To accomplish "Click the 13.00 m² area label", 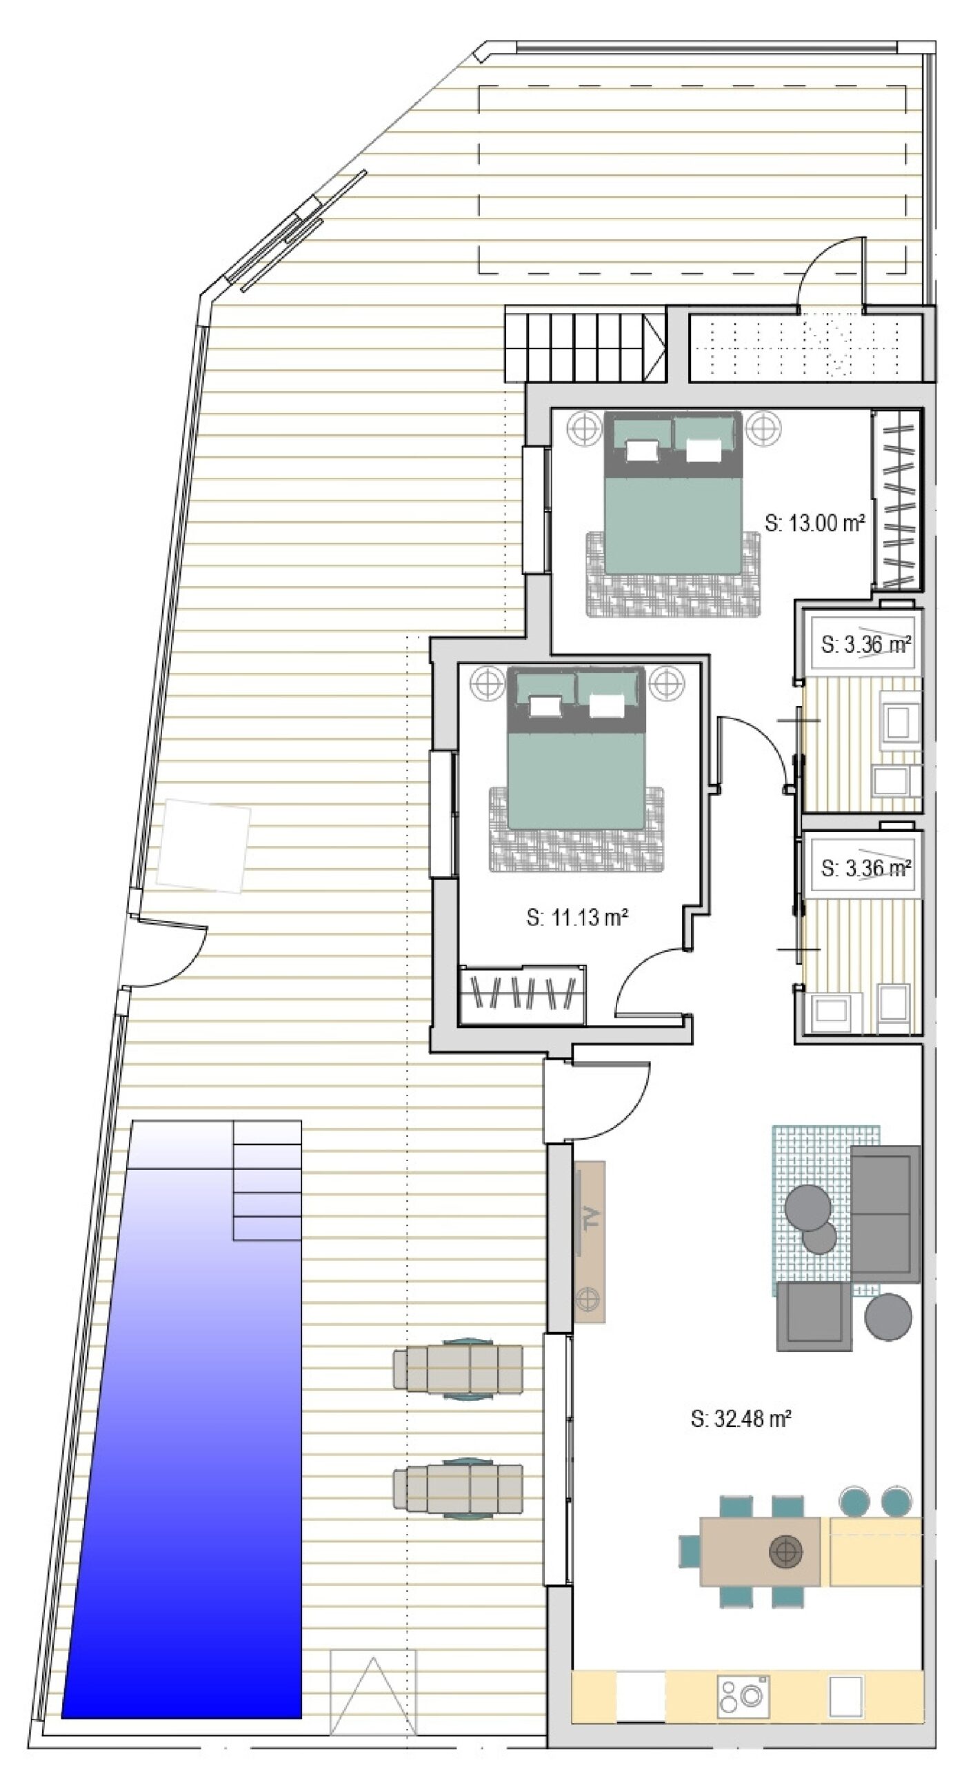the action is click(815, 523).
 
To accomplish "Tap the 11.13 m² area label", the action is click(576, 918).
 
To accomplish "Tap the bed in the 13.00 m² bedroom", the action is click(673, 492).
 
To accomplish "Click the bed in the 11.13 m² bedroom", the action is click(576, 747).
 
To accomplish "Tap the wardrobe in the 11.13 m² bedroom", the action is click(522, 994).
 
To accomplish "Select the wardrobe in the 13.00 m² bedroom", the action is click(897, 499).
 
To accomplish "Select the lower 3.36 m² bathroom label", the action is click(866, 868).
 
